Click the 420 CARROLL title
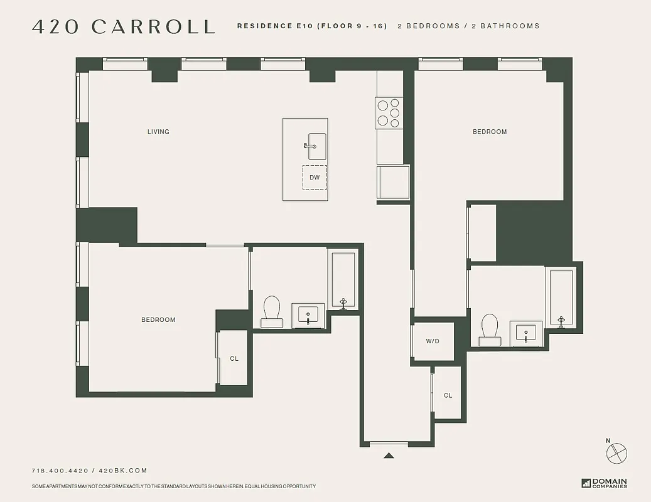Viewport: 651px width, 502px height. [x=124, y=26]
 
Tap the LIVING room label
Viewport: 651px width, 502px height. [x=158, y=132]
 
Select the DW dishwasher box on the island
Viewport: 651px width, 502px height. [x=315, y=178]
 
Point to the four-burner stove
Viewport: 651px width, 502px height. [x=389, y=114]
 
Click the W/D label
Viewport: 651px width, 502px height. [x=433, y=342]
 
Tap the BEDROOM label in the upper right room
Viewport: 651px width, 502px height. [x=490, y=132]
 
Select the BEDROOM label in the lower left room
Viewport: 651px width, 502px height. [x=158, y=320]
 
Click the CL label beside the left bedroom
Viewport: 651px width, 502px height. [x=234, y=359]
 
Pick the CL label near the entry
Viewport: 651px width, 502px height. [x=448, y=395]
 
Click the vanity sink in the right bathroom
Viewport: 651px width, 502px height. [x=525, y=332]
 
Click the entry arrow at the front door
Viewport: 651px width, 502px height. [x=389, y=456]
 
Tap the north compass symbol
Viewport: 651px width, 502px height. [x=617, y=451]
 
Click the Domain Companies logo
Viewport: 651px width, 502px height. [x=604, y=483]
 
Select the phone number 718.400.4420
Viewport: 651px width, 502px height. [x=59, y=471]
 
